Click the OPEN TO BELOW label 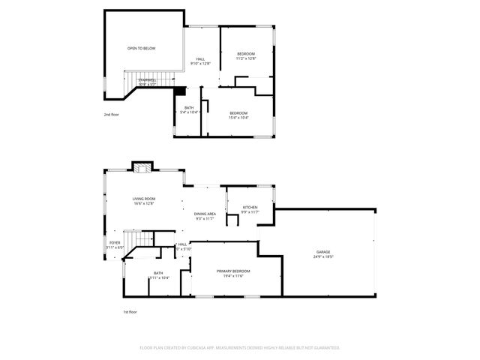[141, 48]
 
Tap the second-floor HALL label [200, 59]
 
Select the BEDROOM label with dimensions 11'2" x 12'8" [246, 54]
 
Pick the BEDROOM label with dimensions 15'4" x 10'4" [238, 112]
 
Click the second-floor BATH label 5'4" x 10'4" [189, 108]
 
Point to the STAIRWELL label [147, 79]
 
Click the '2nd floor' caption [112, 115]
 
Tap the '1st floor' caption [130, 311]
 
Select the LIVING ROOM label [143, 199]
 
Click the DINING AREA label [205, 214]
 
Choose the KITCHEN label [250, 208]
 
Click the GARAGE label [322, 252]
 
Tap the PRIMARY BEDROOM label [233, 271]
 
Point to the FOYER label [115, 243]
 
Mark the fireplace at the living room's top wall [141, 168]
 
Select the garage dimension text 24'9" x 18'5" [322, 256]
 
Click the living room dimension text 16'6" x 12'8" [143, 203]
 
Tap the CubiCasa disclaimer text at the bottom [239, 348]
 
